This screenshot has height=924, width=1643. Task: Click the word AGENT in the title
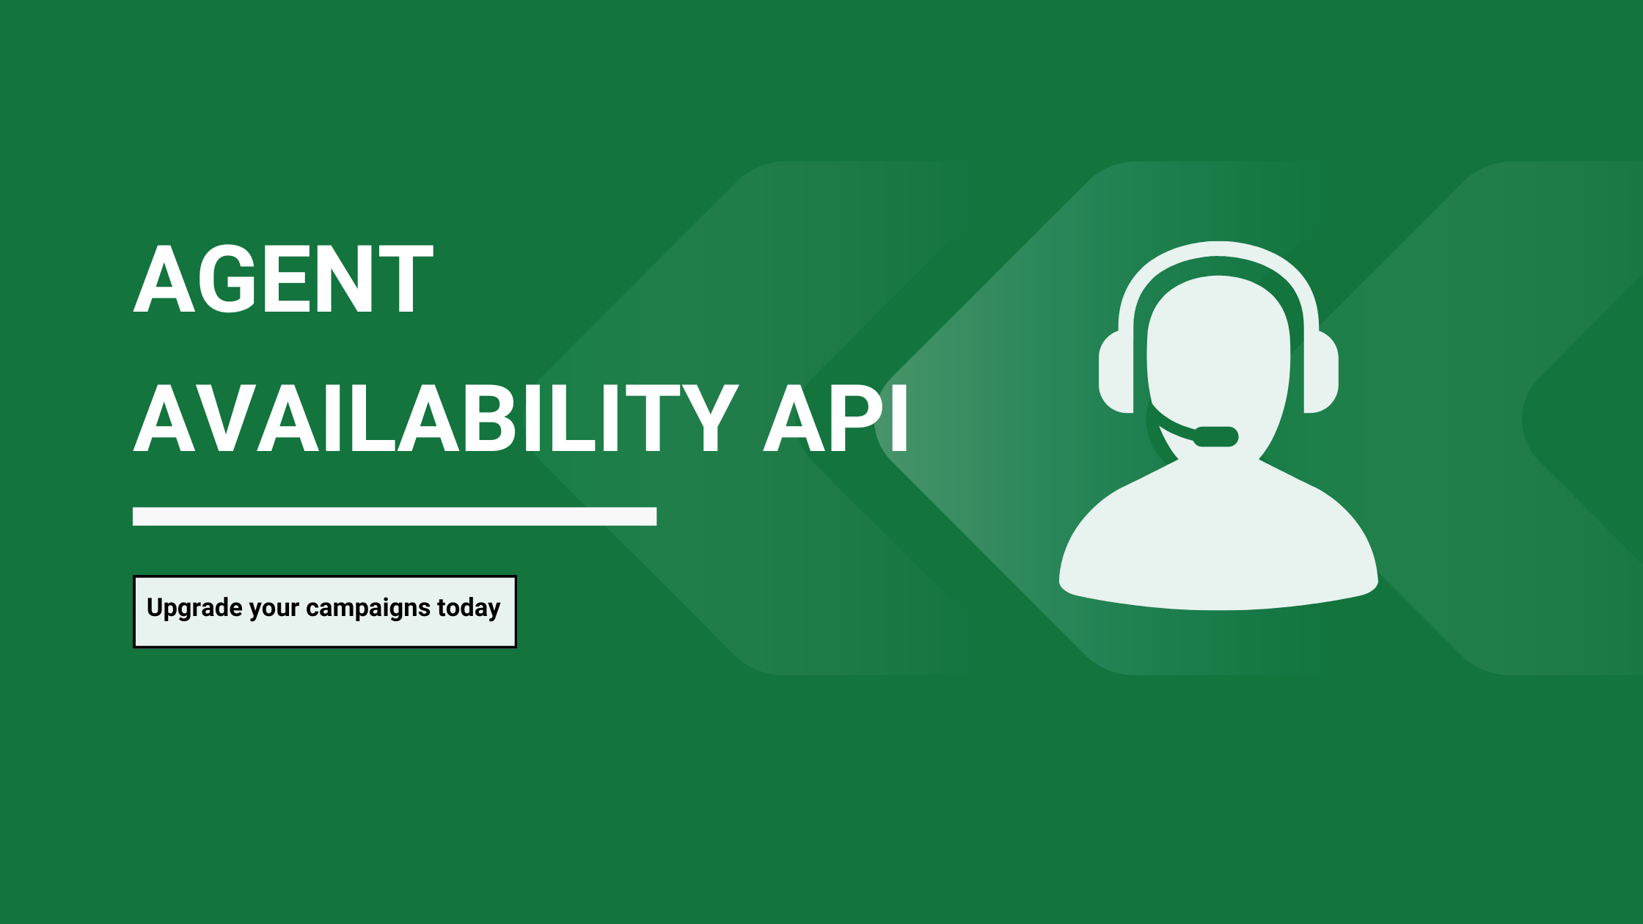[283, 279]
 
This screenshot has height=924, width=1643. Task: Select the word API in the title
[836, 419]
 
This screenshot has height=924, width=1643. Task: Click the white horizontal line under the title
[395, 516]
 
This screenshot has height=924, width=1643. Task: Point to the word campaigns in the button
[367, 608]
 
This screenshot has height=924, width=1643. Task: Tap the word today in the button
[469, 608]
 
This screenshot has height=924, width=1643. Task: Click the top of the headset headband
[1218, 249]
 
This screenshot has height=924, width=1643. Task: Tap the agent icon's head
[1218, 352]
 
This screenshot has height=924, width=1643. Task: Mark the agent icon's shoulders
[1218, 550]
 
